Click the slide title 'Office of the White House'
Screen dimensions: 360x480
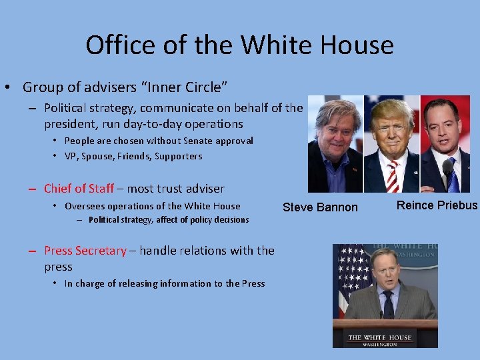[239, 45]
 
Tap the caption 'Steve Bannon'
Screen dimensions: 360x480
[320, 207]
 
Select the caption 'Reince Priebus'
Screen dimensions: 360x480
[437, 205]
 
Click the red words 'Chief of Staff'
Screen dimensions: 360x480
[79, 189]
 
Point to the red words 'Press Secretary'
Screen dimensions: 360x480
[85, 251]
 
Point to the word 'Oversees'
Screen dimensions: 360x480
[85, 206]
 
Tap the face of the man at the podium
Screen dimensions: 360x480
[385, 267]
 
